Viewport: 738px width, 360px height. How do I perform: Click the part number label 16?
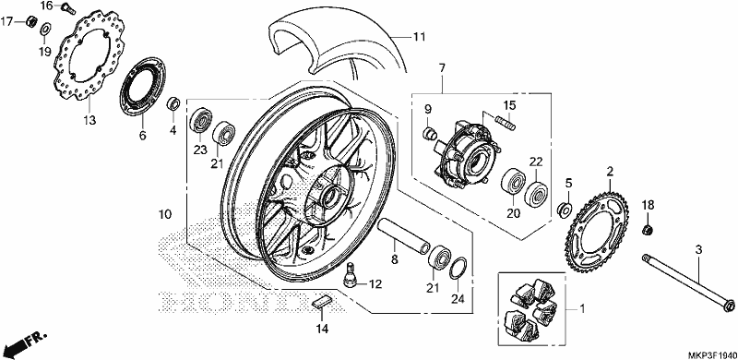[x=47, y=6]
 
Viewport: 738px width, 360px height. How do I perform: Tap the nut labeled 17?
[x=32, y=20]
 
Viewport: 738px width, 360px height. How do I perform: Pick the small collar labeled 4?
[x=173, y=103]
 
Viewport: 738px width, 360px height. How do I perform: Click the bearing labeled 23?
[x=201, y=121]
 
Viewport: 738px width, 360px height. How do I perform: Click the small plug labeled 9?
[x=430, y=134]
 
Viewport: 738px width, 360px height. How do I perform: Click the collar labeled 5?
[x=564, y=210]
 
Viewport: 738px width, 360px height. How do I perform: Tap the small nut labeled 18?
[x=647, y=231]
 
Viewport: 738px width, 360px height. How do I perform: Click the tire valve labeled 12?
[x=351, y=274]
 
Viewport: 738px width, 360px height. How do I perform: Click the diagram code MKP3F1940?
[x=710, y=354]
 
